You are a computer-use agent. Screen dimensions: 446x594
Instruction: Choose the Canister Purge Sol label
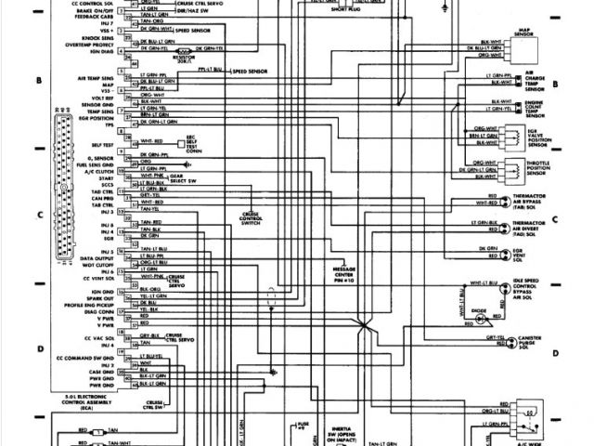[x=536, y=342]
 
